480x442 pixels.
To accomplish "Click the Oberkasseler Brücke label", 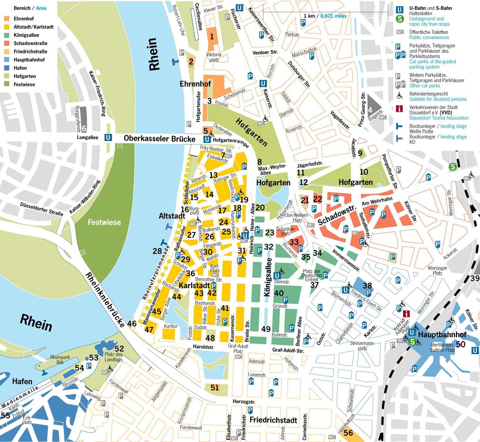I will pyautogui.click(x=159, y=138).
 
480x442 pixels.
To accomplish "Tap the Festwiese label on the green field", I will pyautogui.click(x=104, y=222).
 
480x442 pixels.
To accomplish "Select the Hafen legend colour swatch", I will pyautogui.click(x=7, y=68).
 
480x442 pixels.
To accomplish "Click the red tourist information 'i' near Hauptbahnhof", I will pyautogui.click(x=406, y=313).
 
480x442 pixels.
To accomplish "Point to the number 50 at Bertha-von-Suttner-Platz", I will pyautogui.click(x=461, y=344).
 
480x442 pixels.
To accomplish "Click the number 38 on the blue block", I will pyautogui.click(x=367, y=286).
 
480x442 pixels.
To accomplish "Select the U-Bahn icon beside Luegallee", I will pyautogui.click(x=108, y=137).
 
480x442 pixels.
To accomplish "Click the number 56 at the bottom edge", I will pyautogui.click(x=348, y=432).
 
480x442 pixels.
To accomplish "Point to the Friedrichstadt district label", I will pyautogui.click(x=273, y=420).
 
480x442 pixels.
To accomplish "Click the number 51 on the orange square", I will pyautogui.click(x=215, y=388).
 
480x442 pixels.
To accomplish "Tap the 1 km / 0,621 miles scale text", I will pyautogui.click(x=325, y=16).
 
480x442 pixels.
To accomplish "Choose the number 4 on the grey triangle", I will pyautogui.click(x=370, y=110).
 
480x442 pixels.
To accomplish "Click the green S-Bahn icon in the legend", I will pyautogui.click(x=399, y=19).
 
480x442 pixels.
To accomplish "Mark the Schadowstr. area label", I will pyautogui.click(x=336, y=216).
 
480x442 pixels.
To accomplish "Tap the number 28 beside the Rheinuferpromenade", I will pyautogui.click(x=157, y=251).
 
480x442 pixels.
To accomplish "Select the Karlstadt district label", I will pyautogui.click(x=194, y=285).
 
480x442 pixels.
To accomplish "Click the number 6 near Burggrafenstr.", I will pyautogui.click(x=84, y=129).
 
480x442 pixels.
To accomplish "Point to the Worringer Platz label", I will pyautogui.click(x=437, y=270).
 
